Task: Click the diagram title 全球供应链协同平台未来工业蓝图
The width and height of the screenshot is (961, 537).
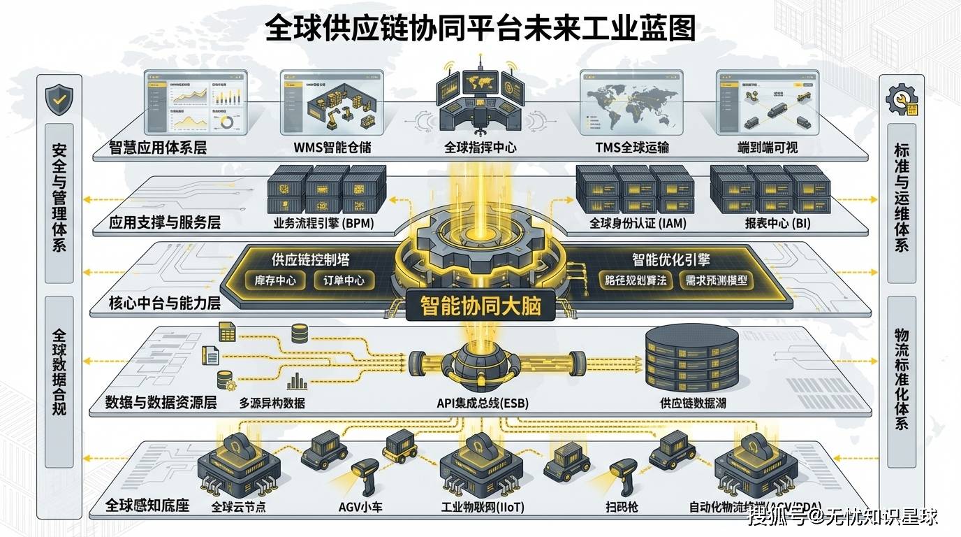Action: point(480,30)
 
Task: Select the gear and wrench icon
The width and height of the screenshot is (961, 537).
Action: point(902,102)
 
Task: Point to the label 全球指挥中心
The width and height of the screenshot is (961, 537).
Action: point(480,148)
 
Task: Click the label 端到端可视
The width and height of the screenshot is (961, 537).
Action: point(768,148)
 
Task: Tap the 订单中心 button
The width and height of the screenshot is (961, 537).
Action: point(344,281)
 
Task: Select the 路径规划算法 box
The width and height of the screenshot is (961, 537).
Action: point(636,281)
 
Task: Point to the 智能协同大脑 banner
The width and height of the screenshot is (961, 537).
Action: point(480,306)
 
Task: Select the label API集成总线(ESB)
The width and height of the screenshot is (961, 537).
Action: point(481,403)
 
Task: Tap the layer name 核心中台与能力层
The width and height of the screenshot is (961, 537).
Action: point(165,304)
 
